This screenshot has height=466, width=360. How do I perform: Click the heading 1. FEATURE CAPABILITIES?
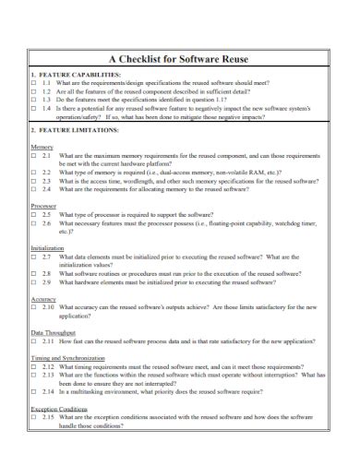[x=76, y=74]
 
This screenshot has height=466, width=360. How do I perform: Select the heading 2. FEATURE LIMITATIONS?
[x=74, y=131]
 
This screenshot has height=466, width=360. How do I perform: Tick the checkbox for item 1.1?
[x=33, y=82]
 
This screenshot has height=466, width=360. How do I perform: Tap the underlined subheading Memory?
[x=42, y=147]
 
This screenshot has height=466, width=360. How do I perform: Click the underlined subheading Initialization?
[x=48, y=248]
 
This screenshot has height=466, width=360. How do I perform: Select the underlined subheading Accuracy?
[x=43, y=299]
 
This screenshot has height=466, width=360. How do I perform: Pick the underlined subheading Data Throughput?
[x=54, y=331]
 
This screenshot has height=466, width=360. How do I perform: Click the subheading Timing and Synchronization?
[x=70, y=356]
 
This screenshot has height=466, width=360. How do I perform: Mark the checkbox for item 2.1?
[x=33, y=155]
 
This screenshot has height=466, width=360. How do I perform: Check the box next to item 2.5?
[x=33, y=212]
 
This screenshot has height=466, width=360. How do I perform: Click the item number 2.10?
[x=50, y=307]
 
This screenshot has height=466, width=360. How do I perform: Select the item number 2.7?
[x=48, y=257]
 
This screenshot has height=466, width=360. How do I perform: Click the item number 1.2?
[x=48, y=90]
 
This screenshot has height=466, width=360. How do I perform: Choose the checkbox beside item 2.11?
[x=33, y=340]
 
